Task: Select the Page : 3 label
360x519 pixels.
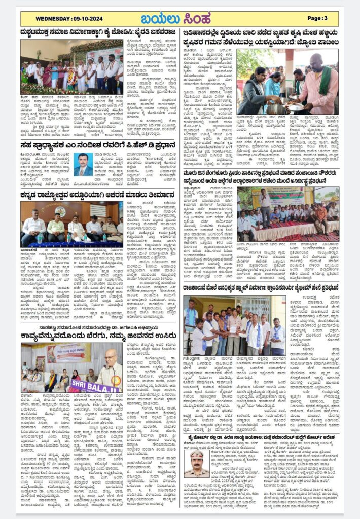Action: (x=317, y=18)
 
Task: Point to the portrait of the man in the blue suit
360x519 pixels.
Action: (x=83, y=164)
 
